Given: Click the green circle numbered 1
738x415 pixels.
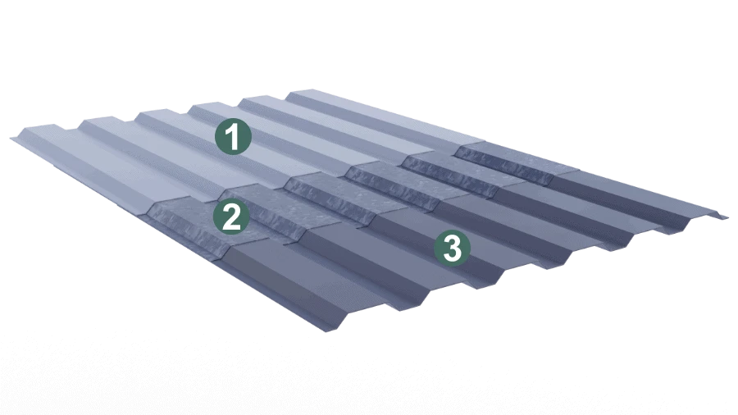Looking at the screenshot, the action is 233,136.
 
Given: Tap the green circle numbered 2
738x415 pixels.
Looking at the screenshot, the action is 231,217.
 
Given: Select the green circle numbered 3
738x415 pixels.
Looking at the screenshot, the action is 452,248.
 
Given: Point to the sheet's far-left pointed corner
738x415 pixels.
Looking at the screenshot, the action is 11,138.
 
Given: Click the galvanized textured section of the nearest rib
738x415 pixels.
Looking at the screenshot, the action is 189,221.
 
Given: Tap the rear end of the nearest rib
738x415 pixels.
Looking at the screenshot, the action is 37,130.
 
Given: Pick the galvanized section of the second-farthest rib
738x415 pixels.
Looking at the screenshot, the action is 452,171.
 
